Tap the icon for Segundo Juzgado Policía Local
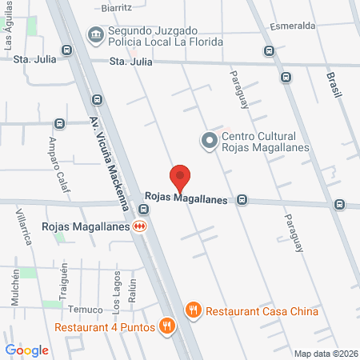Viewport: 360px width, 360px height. pos(95,34)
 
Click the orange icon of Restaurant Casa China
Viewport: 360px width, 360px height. pos(192,310)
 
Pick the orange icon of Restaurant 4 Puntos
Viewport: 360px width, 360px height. pos(166,326)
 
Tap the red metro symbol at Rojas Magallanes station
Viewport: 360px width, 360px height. pos(141,226)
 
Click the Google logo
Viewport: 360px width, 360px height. pos(26,350)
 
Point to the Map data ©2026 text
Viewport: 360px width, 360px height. pos(325,353)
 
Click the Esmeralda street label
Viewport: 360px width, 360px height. pos(292,25)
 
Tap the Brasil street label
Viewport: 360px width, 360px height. pos(333,84)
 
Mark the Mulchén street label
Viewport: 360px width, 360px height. pos(14,286)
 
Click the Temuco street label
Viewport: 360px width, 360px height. pos(86,310)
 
